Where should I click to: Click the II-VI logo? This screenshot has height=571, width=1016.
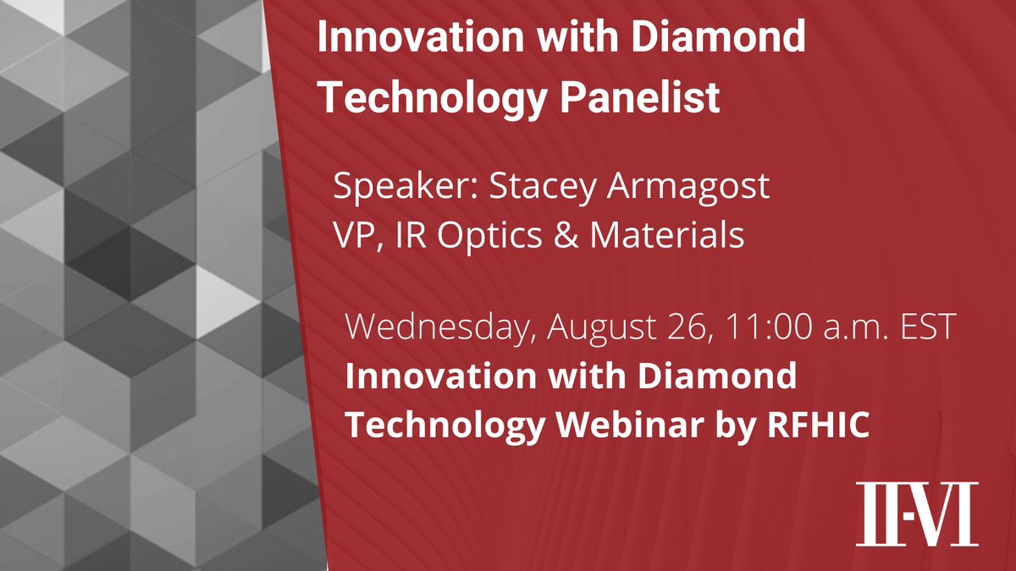[x=916, y=513]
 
